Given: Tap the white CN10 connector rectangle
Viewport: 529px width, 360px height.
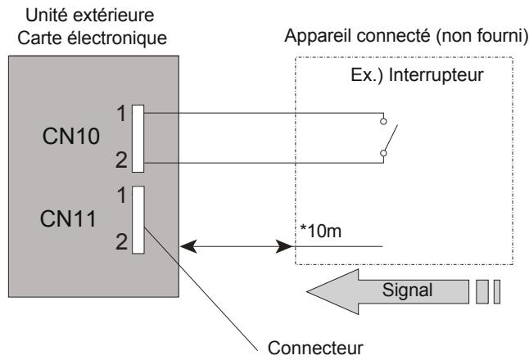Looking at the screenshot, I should [138, 138].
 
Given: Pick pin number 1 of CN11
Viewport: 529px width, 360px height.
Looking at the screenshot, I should [120, 196].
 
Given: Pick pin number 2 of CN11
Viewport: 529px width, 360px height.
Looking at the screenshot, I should [120, 243].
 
